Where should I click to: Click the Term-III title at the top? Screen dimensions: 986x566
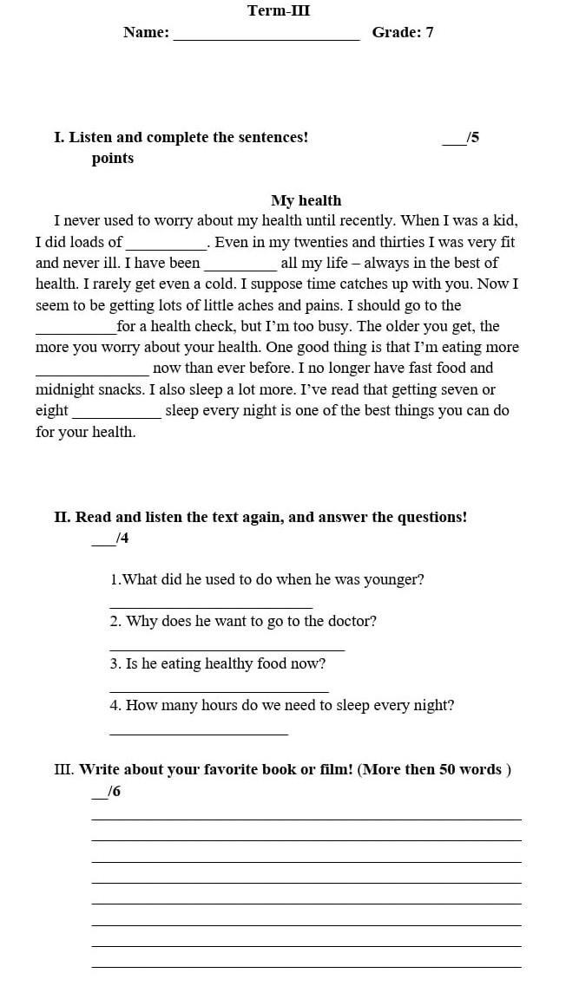[x=278, y=10]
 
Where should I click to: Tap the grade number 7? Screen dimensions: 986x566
[x=429, y=33]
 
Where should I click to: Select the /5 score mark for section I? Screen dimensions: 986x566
[x=471, y=137]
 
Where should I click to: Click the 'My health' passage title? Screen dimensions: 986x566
[x=306, y=200]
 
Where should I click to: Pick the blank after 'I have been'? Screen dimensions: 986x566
[x=240, y=268]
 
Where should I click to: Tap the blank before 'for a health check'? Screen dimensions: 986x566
[x=76, y=331]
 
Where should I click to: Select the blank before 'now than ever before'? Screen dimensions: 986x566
[x=92, y=373]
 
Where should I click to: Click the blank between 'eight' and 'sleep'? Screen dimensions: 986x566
[x=116, y=415]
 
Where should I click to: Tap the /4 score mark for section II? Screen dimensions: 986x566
[x=121, y=539]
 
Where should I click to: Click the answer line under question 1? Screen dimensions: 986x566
[x=211, y=606]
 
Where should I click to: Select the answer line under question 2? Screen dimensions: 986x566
[x=227, y=649]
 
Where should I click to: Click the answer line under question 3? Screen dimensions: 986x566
[x=219, y=691]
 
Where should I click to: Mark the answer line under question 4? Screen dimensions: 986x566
[x=198, y=734]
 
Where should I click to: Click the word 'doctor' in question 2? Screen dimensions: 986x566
[x=354, y=622]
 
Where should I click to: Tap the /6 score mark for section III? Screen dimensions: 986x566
[x=113, y=792]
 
